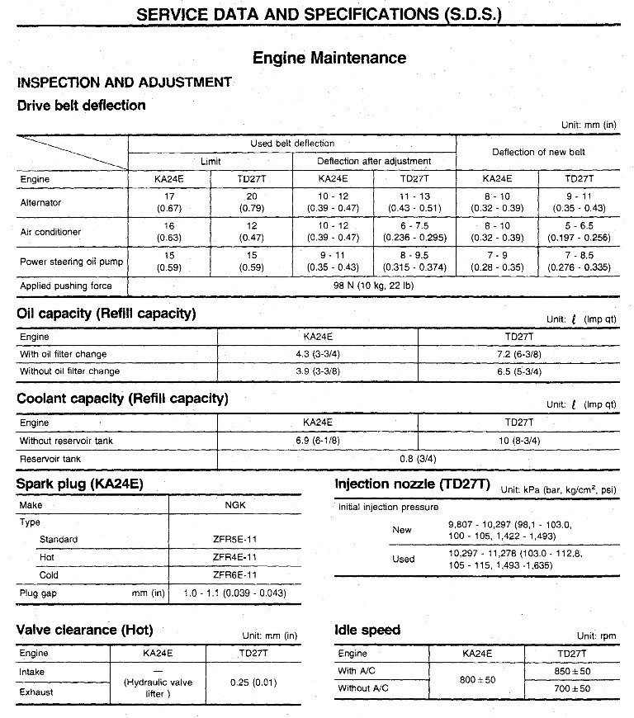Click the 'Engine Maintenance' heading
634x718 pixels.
(329, 58)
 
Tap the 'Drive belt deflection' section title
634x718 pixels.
(81, 105)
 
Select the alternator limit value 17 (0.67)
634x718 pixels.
(169, 202)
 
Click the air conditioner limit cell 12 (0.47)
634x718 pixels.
(251, 233)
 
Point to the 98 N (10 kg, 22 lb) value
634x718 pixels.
(373, 286)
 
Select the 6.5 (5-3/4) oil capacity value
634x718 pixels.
(518, 371)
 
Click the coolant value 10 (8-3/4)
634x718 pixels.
(518, 441)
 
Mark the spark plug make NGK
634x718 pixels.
(234, 504)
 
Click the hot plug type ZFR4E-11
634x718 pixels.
(234, 557)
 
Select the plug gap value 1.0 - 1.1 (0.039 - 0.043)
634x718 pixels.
(234, 593)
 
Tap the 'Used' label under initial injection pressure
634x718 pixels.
(403, 560)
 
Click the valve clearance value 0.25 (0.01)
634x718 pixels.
(253, 683)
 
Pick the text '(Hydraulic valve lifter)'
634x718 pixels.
(158, 688)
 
